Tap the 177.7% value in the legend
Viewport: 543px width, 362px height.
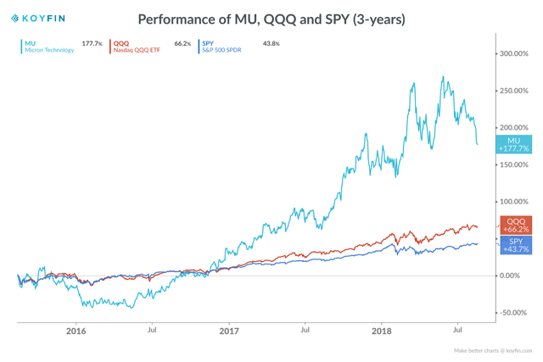92,43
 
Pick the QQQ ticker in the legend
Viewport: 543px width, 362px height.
120,43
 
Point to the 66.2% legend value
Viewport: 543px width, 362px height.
182,43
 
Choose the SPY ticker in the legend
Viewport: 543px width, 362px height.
208,43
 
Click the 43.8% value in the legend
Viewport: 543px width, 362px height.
271,43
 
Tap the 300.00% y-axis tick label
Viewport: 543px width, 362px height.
515,53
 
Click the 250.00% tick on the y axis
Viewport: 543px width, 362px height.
515,91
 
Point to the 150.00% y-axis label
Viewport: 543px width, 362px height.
515,164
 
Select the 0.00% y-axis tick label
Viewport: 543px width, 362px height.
511,276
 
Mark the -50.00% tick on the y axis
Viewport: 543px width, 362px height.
513,313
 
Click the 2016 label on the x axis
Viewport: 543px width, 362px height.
76,331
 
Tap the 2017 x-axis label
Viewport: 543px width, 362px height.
228,331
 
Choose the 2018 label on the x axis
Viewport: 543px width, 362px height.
381,331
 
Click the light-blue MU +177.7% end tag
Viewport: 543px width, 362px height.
513,144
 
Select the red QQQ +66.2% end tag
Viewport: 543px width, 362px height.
515,225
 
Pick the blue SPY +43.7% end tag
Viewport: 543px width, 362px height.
515,245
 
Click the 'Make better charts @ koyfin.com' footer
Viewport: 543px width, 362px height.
492,350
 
